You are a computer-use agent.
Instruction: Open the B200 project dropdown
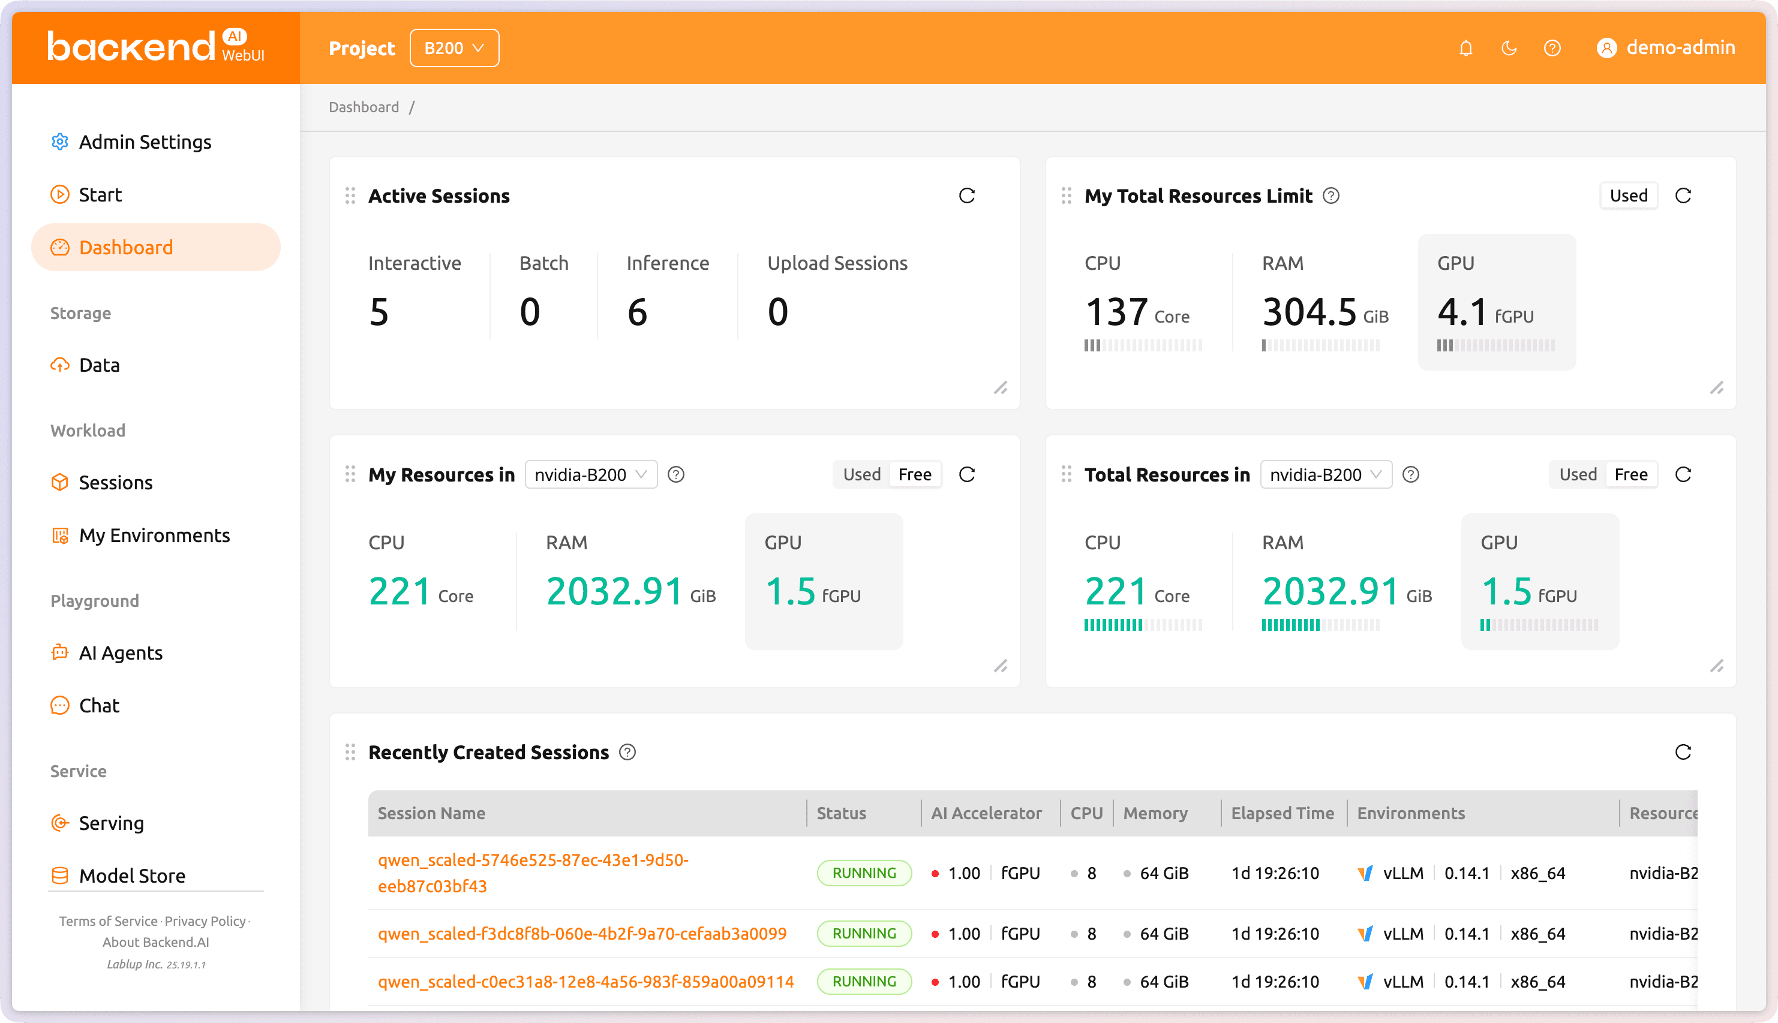pos(454,48)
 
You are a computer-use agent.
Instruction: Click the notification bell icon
pos(1465,48)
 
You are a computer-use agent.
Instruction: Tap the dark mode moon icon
pos(1508,48)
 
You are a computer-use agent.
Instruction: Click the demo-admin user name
pos(1680,48)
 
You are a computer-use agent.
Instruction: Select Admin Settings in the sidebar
pos(144,142)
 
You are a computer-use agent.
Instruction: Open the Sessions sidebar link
pos(115,483)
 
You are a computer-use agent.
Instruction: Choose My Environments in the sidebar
pos(154,535)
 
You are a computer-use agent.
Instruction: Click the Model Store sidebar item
pos(132,875)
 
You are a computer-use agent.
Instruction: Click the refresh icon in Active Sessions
pos(966,195)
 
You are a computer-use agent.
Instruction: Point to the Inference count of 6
pos(636,311)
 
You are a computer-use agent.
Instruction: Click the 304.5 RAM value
pos(1308,311)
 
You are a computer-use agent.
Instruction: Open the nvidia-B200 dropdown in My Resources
pos(590,475)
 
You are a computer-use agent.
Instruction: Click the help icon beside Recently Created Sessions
pos(627,753)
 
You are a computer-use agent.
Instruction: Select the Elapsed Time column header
pos(1282,813)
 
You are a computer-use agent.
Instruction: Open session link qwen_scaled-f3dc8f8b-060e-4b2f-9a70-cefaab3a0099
pos(582,934)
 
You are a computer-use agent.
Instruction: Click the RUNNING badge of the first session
pos(864,872)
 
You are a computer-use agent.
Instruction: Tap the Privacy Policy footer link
pos(205,921)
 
